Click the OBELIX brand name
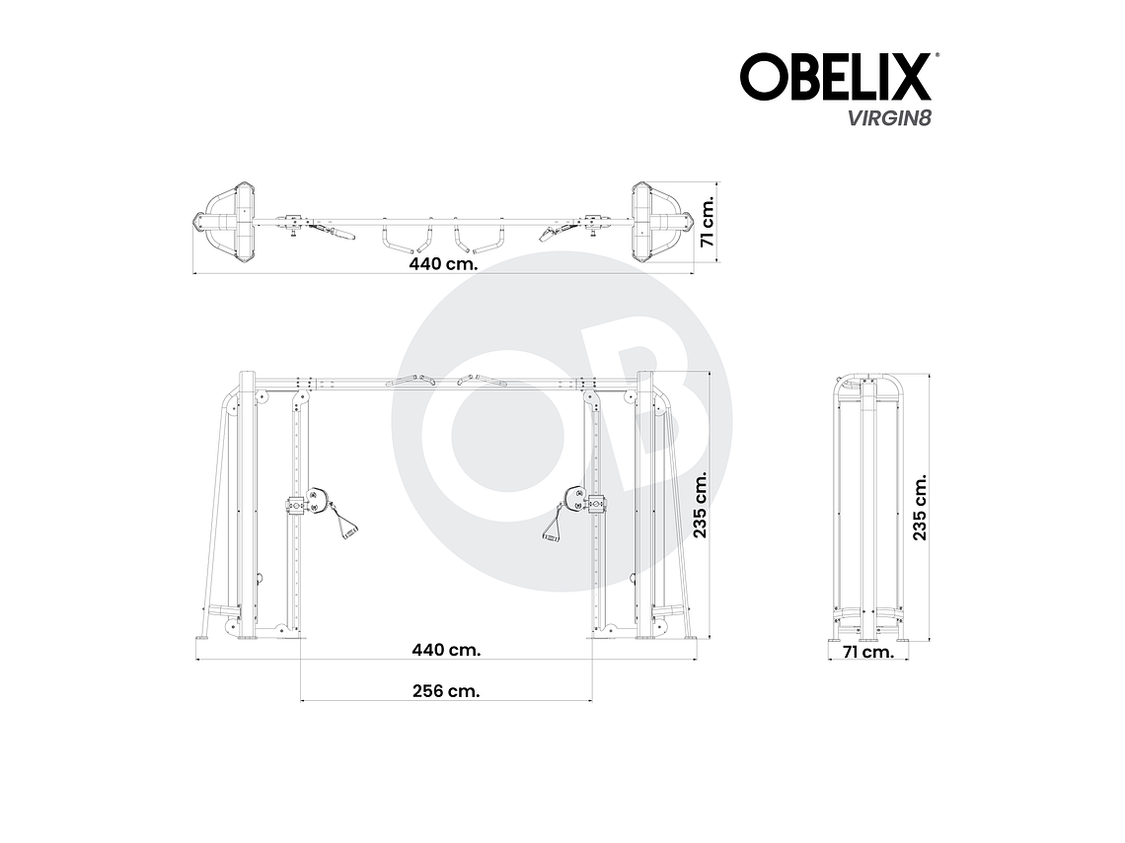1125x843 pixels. pos(835,77)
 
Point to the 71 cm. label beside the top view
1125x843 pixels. pos(707,223)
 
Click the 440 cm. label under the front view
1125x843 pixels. pos(446,650)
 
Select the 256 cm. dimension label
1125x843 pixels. pos(446,691)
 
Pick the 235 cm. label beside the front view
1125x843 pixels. pos(701,504)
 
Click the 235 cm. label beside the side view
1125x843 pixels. pos(920,506)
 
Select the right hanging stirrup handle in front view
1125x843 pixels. pos(551,523)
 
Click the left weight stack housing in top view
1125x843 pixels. pos(233,221)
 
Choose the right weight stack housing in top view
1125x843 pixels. pos(652,221)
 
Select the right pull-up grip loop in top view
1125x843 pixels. pos(481,237)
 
